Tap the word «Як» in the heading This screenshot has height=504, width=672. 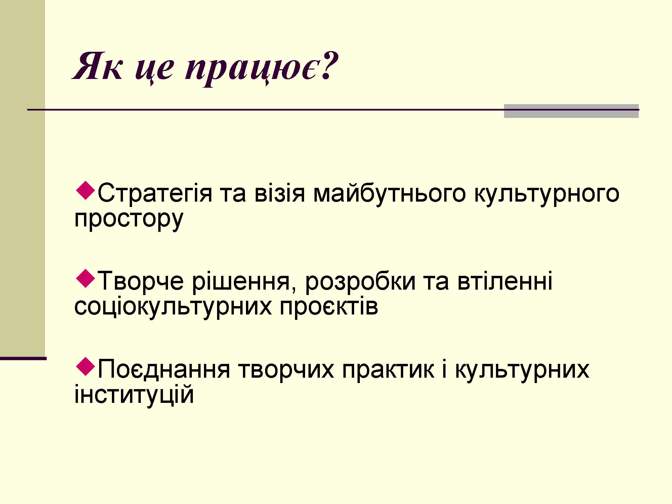97,66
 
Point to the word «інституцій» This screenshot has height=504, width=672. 134,394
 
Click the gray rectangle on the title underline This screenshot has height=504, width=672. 571,111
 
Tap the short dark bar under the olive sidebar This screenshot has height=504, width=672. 23,359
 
